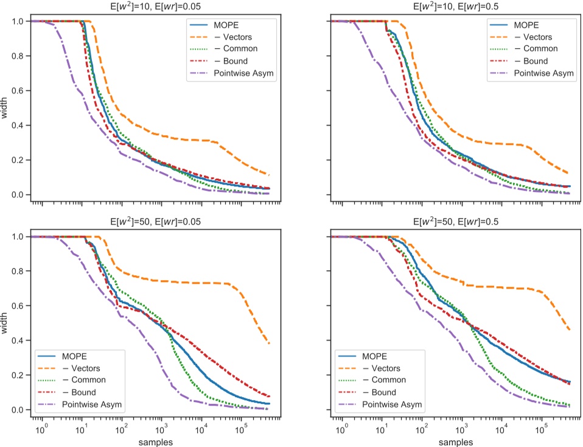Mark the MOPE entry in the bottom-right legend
(382, 357)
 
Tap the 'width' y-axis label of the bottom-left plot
(5, 323)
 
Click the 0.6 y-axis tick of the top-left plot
(18, 91)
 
